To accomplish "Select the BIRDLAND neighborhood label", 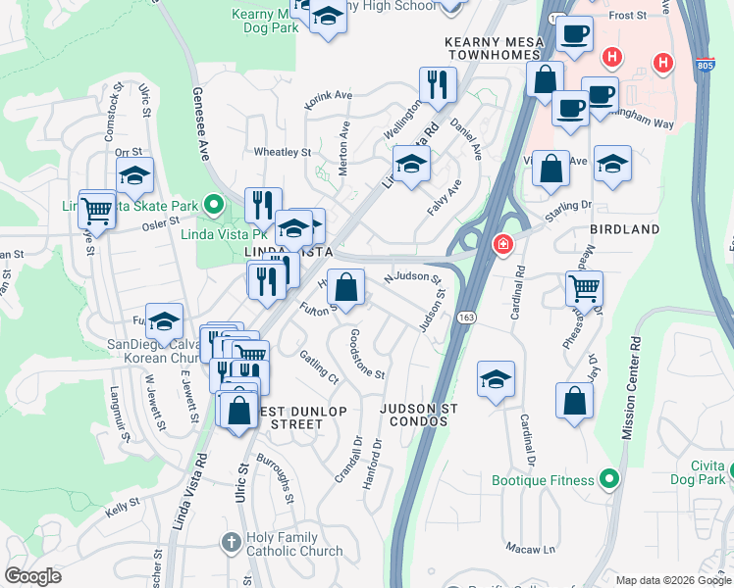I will point(625,228).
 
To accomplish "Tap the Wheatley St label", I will point(282,153).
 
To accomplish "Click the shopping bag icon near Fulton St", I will point(345,287).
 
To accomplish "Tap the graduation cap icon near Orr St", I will point(135,175).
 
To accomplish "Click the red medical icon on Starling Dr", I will point(502,243).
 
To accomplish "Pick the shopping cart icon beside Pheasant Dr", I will point(584,288).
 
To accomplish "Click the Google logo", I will point(32,576).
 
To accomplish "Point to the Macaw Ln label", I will point(530,547).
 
